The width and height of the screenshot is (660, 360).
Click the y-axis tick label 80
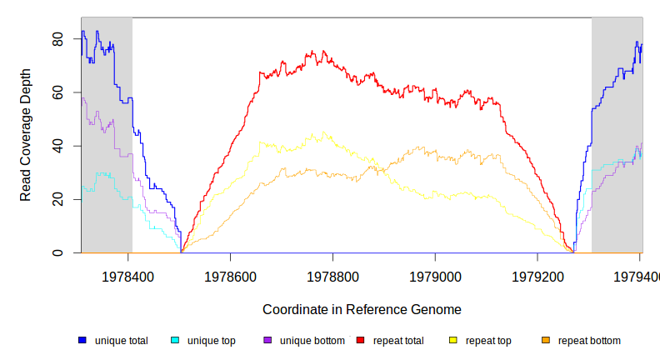click(57, 39)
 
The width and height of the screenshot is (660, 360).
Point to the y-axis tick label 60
click(57, 92)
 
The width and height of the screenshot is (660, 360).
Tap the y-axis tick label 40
click(57, 146)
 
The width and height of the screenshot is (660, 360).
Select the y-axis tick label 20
click(57, 200)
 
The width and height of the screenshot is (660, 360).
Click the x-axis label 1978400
click(127, 275)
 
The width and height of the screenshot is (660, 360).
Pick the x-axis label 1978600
click(230, 275)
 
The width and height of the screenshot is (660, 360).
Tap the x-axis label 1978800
click(333, 275)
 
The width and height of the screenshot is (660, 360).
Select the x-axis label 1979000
click(436, 275)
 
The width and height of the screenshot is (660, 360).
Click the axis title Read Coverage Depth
click(26, 147)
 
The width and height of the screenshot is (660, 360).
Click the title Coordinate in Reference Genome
click(362, 309)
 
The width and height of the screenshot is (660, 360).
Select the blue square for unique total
click(82, 340)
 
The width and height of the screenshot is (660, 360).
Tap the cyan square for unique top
click(175, 340)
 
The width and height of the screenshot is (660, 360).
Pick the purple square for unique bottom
click(267, 340)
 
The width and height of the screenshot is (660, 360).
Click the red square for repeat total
click(361, 340)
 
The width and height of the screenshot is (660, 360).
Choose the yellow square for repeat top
click(453, 340)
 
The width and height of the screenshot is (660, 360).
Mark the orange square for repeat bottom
click(546, 340)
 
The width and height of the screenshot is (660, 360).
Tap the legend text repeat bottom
click(589, 341)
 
